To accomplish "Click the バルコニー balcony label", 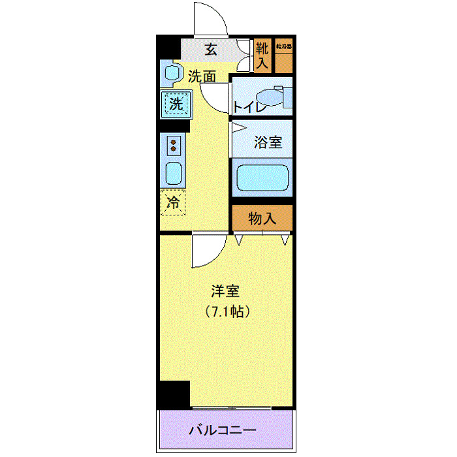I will tap(223, 430).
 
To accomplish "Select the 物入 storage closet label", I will tap(262, 219).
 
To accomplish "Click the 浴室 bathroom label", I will tap(268, 142).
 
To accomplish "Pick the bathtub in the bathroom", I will tap(262, 178).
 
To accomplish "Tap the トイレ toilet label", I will tap(249, 106).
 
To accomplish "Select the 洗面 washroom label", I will tap(202, 76).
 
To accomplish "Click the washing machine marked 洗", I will tap(176, 103).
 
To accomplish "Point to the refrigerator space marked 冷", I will tap(173, 203).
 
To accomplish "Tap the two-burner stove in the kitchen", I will tap(173, 145).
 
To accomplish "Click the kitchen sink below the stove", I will tap(173, 173).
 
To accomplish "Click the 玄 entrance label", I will tap(211, 49).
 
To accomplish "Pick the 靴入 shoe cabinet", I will tap(262, 55).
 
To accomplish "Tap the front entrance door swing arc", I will tap(211, 18).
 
